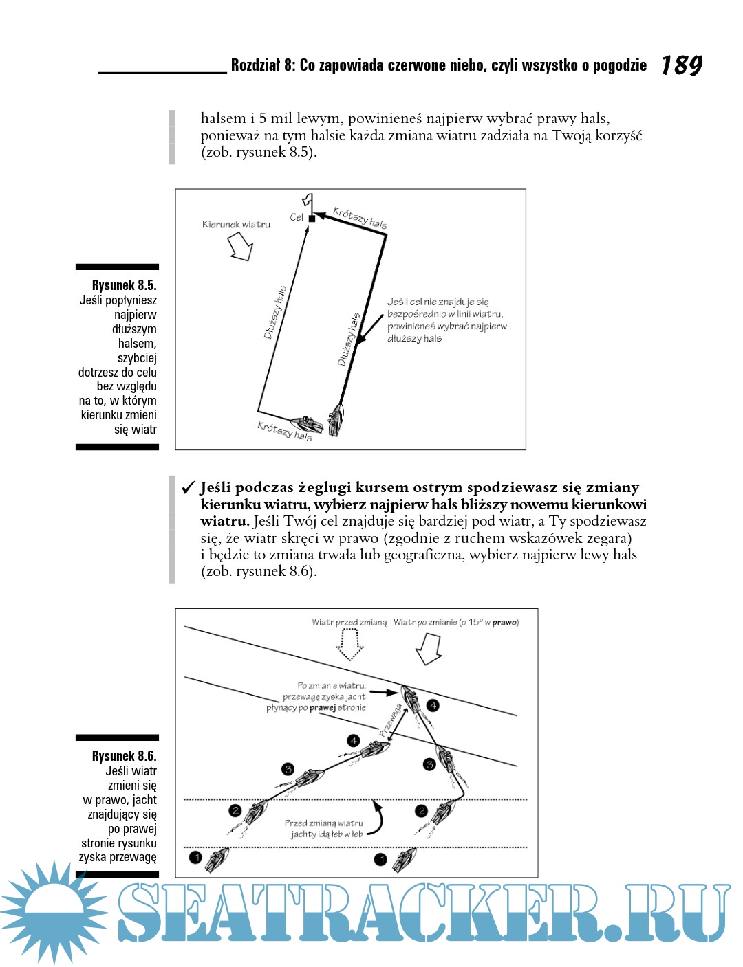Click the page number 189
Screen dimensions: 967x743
click(681, 65)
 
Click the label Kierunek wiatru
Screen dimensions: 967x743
click(236, 224)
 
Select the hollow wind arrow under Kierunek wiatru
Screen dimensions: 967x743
click(240, 246)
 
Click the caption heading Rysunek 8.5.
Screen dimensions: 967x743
click(124, 285)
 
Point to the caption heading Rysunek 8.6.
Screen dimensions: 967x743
click(124, 756)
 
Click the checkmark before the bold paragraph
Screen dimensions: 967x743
click(189, 488)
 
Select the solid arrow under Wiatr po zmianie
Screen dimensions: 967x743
click(429, 648)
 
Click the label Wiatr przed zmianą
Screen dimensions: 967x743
click(349, 622)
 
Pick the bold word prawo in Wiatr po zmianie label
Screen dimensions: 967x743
click(504, 622)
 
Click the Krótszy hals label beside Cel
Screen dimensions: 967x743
click(360, 217)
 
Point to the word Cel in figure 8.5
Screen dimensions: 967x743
click(297, 217)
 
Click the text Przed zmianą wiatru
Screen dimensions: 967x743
click(323, 823)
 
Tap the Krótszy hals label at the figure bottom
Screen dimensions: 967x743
click(284, 431)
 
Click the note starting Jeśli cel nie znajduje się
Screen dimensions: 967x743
click(446, 320)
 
